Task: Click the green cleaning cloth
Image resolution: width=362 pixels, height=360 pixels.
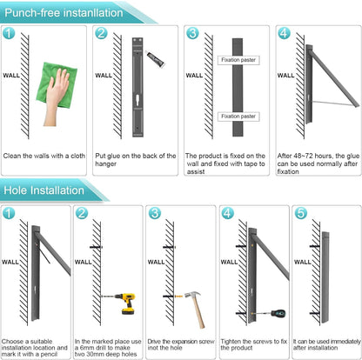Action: [57, 85]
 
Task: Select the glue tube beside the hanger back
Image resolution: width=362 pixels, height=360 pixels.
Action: [155, 58]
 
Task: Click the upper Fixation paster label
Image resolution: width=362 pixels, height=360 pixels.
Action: [238, 60]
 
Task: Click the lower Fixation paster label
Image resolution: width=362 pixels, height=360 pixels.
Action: [238, 117]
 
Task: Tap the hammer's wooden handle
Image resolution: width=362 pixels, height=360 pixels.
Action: [198, 313]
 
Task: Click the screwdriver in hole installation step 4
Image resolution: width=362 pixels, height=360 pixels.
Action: [270, 313]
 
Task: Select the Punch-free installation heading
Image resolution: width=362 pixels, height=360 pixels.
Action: [64, 13]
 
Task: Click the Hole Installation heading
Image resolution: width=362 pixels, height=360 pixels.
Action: [44, 190]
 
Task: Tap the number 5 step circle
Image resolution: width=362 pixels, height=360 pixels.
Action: [300, 213]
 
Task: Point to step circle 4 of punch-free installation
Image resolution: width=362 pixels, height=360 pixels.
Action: [284, 33]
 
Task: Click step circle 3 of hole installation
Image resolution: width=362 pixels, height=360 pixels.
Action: [155, 213]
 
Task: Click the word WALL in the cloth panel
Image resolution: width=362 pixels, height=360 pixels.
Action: [11, 76]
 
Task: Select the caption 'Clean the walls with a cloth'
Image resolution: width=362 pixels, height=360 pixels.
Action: [44, 156]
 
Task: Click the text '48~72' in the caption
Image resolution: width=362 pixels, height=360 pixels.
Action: [302, 156]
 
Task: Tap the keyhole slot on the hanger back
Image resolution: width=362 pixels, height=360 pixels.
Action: [137, 101]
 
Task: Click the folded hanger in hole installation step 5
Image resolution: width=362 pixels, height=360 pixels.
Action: [325, 277]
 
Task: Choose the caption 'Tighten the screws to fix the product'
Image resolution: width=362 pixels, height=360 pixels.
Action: [254, 344]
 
